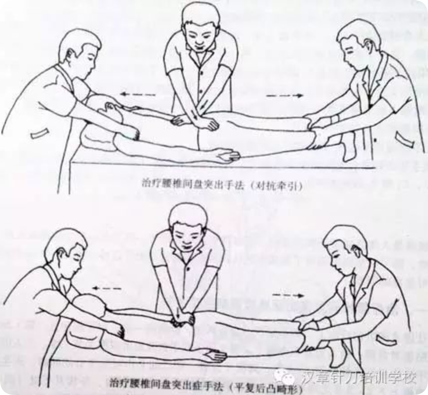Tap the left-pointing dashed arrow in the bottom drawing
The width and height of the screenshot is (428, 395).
[106, 288]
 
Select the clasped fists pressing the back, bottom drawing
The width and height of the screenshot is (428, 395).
[181, 318]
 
